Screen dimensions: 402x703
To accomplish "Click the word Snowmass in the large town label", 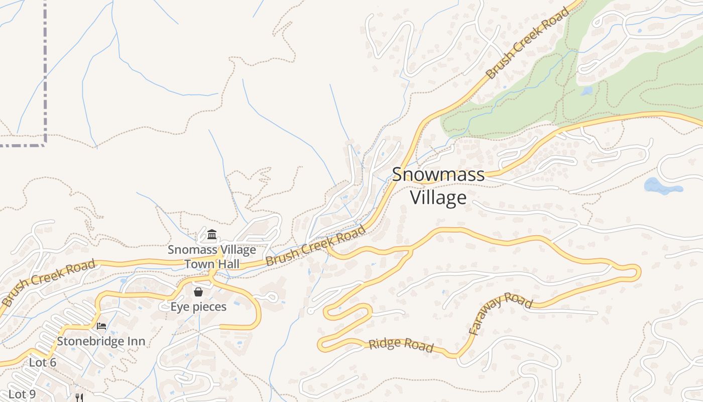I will pos(438,175).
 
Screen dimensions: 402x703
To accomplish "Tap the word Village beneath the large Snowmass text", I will pos(438,197).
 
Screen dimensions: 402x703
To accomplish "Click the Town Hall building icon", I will pos(212,235).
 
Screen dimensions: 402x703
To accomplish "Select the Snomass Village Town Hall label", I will pos(212,256).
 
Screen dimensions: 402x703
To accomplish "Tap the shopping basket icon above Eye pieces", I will pos(198,292).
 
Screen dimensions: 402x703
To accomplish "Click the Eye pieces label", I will pos(198,307).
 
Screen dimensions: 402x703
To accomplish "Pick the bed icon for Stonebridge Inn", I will pos(101,326).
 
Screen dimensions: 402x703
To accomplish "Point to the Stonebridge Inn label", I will pos(101,341).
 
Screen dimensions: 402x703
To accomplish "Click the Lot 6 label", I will pos(43,362).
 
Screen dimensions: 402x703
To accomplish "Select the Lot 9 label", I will pos(22,394).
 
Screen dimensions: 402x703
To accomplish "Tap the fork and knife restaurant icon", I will pos(79,397).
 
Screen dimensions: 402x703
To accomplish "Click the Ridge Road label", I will pos(401,345).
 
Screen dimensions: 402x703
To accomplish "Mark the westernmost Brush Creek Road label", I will pos(48,283).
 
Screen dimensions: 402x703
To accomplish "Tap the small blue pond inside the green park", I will pos(587,91).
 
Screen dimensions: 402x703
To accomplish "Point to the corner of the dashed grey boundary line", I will pos(45,144).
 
